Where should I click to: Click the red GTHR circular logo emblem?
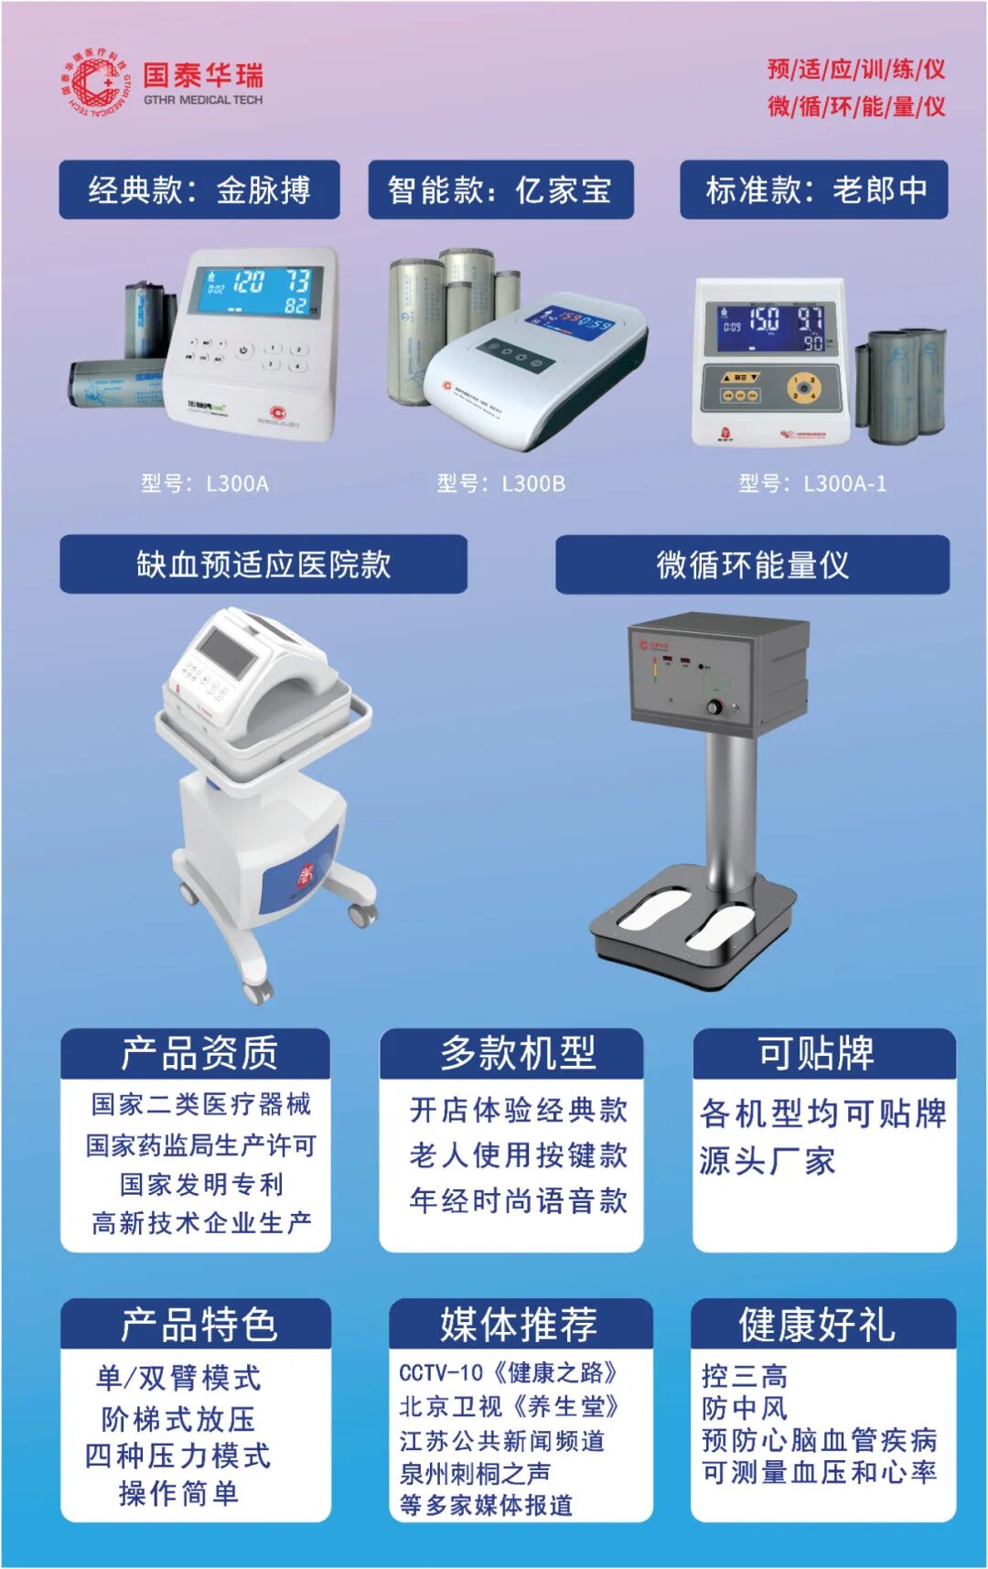click(x=94, y=83)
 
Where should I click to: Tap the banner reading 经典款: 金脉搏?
click(x=199, y=190)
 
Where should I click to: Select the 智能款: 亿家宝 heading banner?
click(x=500, y=190)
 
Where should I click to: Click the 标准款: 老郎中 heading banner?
click(x=813, y=190)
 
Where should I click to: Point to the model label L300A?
click(x=205, y=484)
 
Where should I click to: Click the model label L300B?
click(x=501, y=484)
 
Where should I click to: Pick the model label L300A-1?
click(x=812, y=484)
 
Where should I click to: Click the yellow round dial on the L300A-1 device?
click(x=803, y=389)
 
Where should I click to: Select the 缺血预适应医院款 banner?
click(x=263, y=564)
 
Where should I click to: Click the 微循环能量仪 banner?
click(x=752, y=564)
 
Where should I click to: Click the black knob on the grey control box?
click(x=714, y=707)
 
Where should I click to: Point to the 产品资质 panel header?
click(x=196, y=1054)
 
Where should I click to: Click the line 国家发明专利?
click(x=201, y=1185)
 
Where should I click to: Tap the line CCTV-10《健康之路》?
click(x=508, y=1372)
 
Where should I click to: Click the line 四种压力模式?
click(x=177, y=1456)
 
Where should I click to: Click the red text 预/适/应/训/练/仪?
click(x=856, y=70)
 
